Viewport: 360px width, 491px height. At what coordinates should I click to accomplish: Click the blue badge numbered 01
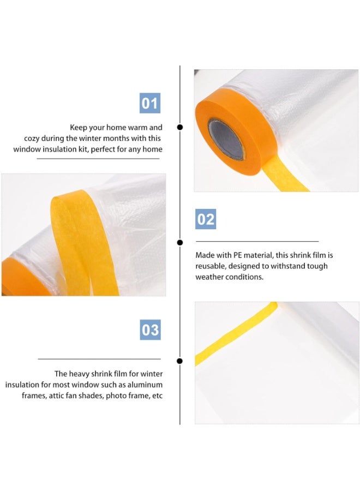(150, 103)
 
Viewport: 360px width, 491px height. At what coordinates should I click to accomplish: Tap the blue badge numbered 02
(206, 219)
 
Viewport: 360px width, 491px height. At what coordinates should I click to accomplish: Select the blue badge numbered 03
(151, 330)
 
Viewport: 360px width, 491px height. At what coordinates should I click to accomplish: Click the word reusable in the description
(211, 266)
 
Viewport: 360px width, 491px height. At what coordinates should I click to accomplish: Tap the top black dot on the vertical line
(180, 127)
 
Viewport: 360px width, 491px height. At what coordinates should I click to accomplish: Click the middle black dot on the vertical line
(180, 242)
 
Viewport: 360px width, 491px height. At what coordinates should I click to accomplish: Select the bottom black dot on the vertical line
(180, 361)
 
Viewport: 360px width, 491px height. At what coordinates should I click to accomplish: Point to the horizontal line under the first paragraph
(98, 159)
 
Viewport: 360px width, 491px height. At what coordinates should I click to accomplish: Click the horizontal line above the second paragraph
(257, 241)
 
